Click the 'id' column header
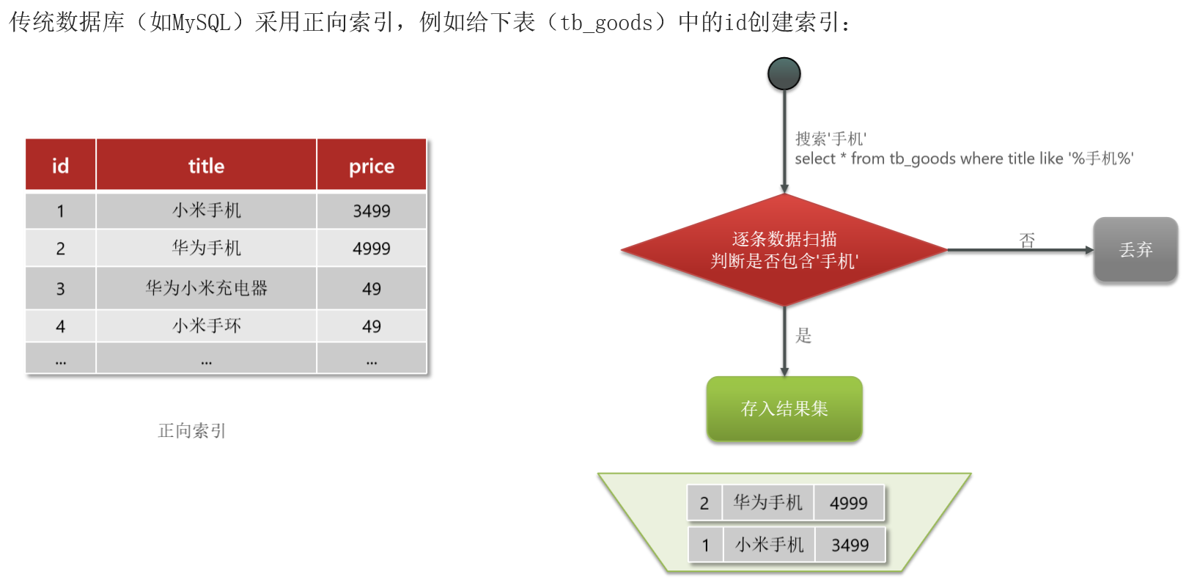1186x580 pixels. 60,166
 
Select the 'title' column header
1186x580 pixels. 206,166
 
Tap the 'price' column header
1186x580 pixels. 371,166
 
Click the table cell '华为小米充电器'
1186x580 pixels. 206,288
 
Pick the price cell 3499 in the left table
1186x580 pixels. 371,211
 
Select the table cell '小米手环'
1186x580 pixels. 206,326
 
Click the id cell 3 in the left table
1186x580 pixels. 60,289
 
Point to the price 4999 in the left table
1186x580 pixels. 371,249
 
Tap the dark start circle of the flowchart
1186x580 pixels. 784,74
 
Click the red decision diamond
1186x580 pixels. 784,250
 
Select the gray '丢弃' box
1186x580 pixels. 1135,250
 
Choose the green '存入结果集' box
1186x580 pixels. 784,408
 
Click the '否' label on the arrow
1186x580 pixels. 1027,240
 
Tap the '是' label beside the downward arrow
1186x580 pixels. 803,336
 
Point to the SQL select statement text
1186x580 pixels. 964,158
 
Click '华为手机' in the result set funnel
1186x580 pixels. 767,502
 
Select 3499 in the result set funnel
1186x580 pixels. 850,545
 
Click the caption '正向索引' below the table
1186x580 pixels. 192,430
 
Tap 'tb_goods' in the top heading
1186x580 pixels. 606,23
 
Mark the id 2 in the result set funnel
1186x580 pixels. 704,503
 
